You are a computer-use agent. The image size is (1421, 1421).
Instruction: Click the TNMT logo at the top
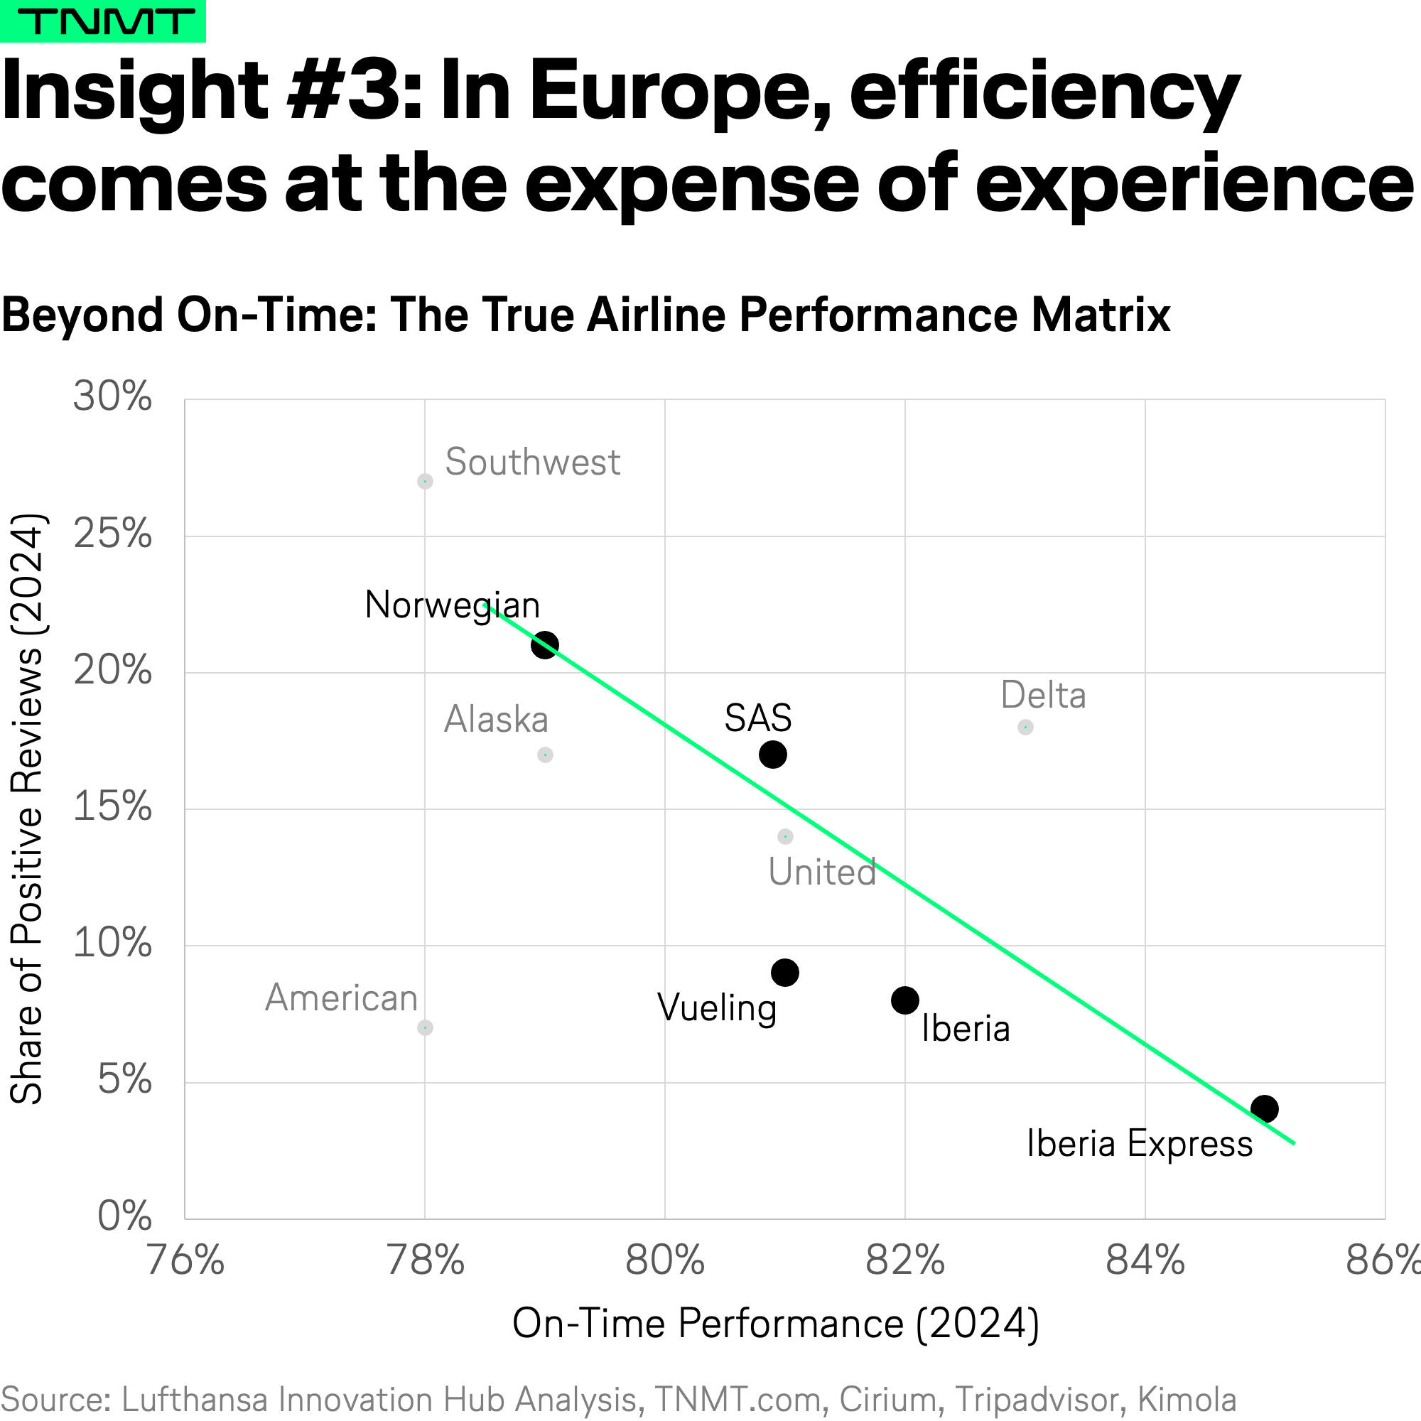(x=103, y=21)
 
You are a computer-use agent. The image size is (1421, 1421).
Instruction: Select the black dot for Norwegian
(x=545, y=645)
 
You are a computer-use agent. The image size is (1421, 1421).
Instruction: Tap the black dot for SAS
(x=773, y=754)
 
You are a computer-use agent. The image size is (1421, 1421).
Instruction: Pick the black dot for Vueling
(x=785, y=973)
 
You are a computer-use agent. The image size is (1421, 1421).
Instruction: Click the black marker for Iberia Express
(x=1265, y=1108)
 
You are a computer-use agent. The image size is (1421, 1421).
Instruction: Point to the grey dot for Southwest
(x=425, y=481)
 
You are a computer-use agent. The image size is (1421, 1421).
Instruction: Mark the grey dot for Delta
(x=1025, y=727)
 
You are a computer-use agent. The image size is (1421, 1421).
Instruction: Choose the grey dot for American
(x=425, y=1027)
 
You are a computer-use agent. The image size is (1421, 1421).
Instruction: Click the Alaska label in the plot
(x=497, y=719)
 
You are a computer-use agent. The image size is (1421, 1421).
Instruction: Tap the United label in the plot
(x=822, y=872)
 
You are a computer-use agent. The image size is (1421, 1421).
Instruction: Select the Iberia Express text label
(x=1140, y=1144)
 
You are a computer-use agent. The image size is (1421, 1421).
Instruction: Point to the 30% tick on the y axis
(x=112, y=396)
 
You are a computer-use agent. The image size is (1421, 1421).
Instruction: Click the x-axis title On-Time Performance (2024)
(x=776, y=1324)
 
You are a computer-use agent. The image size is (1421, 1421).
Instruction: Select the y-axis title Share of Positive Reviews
(x=27, y=809)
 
